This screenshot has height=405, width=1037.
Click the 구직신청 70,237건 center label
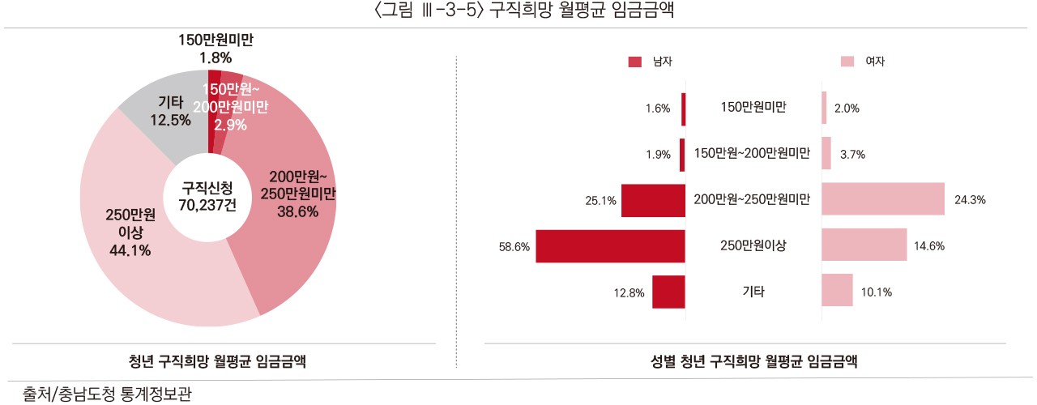click(207, 196)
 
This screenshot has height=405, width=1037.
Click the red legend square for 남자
click(634, 62)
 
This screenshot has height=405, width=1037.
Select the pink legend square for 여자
click(847, 62)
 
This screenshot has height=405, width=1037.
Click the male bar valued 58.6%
click(611, 246)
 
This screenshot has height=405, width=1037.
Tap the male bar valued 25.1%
click(653, 200)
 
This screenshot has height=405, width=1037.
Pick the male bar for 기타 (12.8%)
click(668, 292)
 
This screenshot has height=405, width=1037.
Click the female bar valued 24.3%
click(883, 199)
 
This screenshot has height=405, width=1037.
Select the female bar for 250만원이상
click(864, 245)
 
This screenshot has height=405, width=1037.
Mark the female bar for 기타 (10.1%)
click(837, 291)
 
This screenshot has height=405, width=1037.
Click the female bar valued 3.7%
click(826, 154)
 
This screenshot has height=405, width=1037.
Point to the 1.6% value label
click(658, 109)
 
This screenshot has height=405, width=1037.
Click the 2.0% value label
click(846, 109)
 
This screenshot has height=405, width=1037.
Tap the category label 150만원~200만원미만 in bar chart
click(753, 154)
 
